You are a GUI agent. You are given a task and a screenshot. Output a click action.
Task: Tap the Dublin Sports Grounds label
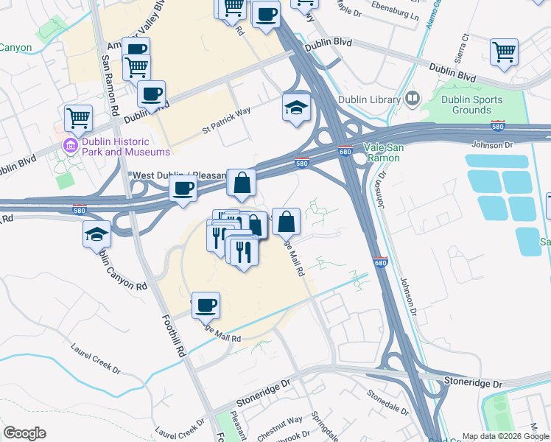pyautogui.click(x=471, y=105)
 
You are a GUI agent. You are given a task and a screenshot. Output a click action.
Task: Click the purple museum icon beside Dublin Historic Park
pyautogui.click(x=71, y=146)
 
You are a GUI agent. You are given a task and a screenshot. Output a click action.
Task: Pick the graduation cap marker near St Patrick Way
pyautogui.click(x=297, y=108)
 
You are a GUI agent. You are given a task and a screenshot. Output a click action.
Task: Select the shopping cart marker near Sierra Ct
pyautogui.click(x=505, y=52)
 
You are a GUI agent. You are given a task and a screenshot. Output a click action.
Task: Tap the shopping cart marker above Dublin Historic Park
pyautogui.click(x=78, y=116)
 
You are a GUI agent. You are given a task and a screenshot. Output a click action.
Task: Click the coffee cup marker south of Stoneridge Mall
pyautogui.click(x=206, y=304)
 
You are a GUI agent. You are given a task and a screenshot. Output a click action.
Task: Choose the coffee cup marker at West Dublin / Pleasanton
pyautogui.click(x=183, y=189)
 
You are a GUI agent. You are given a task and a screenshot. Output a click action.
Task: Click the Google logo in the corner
pyautogui.click(x=24, y=433)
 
